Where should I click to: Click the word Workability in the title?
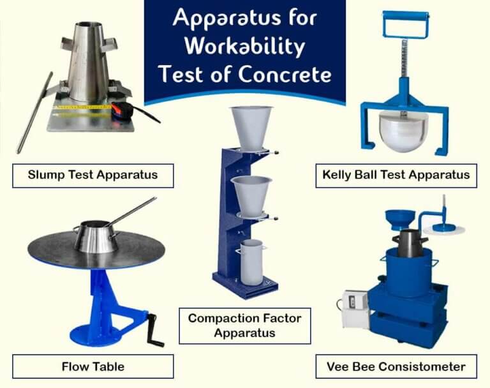coord(244,47)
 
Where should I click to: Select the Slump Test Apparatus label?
coord(93,174)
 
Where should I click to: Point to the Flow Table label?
coord(93,366)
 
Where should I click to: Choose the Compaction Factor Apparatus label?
coord(244,325)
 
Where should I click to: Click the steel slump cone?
coord(87,61)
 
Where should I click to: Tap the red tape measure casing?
coord(121,109)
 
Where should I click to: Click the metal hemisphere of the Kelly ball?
coord(404,131)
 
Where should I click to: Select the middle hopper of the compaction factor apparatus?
coord(251,194)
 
